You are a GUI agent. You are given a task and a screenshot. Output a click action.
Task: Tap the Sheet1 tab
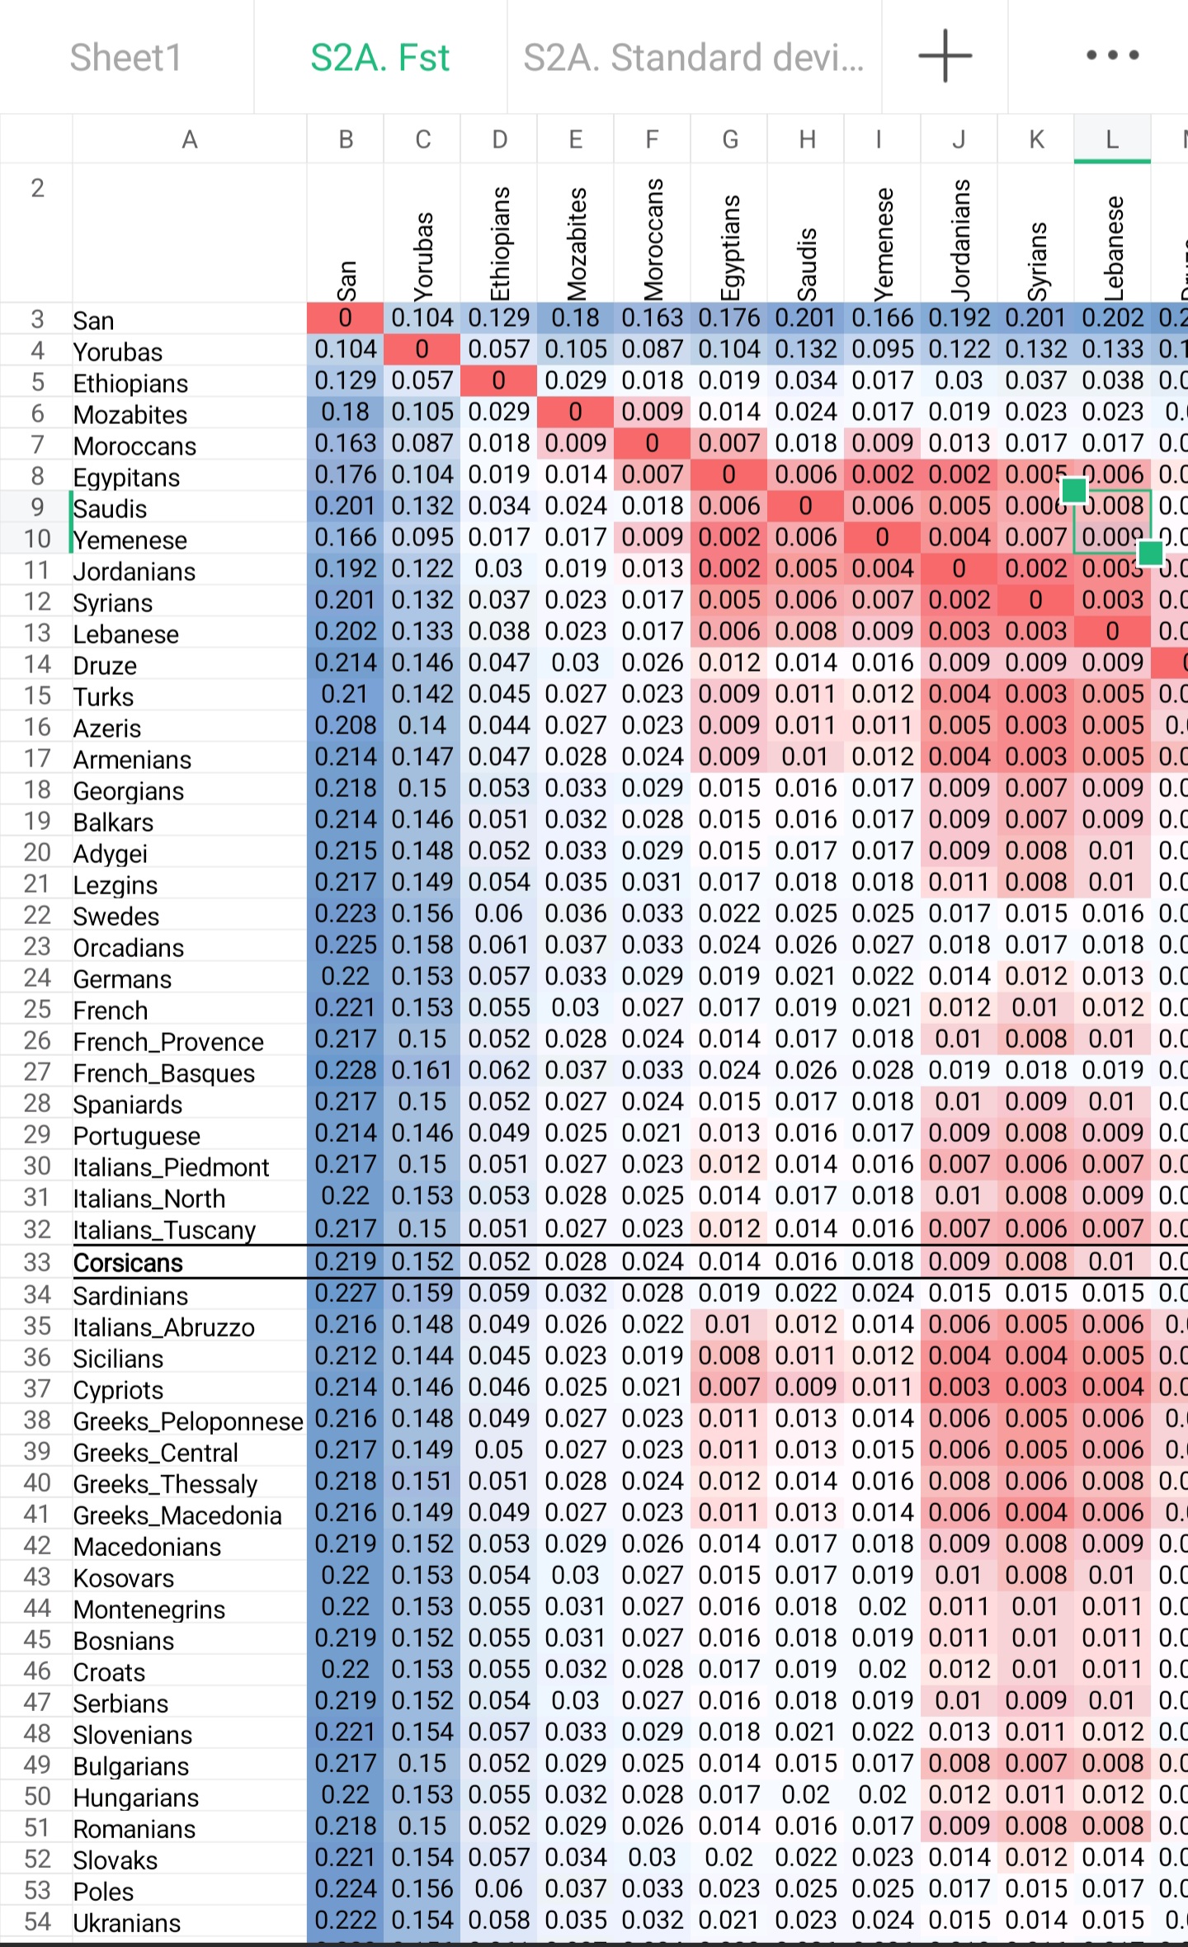click(x=125, y=58)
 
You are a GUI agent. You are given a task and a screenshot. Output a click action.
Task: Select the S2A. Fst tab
click(x=379, y=58)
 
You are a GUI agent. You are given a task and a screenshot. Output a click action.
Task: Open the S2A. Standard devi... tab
click(x=693, y=58)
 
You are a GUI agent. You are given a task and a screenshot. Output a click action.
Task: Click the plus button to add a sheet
click(x=945, y=56)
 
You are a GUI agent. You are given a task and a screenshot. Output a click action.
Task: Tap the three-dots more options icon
click(x=1112, y=56)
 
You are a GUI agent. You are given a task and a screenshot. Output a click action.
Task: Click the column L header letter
click(x=1112, y=139)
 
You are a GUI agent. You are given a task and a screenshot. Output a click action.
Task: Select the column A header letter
click(x=189, y=139)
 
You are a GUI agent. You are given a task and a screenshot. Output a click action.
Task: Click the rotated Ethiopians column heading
click(x=500, y=243)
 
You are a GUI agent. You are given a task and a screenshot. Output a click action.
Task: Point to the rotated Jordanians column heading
click(x=959, y=239)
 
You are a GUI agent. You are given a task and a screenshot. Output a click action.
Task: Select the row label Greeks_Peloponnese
click(x=188, y=1421)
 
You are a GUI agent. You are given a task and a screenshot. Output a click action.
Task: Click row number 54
click(x=37, y=1921)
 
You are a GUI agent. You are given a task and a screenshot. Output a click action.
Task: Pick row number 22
click(x=37, y=915)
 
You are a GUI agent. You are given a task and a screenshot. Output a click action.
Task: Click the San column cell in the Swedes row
click(x=345, y=914)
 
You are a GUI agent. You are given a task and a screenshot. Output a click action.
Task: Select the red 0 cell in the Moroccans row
click(x=652, y=444)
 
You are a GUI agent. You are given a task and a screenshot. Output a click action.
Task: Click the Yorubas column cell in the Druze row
click(x=422, y=663)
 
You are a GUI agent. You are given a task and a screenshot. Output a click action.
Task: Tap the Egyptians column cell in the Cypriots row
click(x=728, y=1388)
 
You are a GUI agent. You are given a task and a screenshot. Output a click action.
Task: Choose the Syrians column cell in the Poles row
click(x=1035, y=1889)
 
